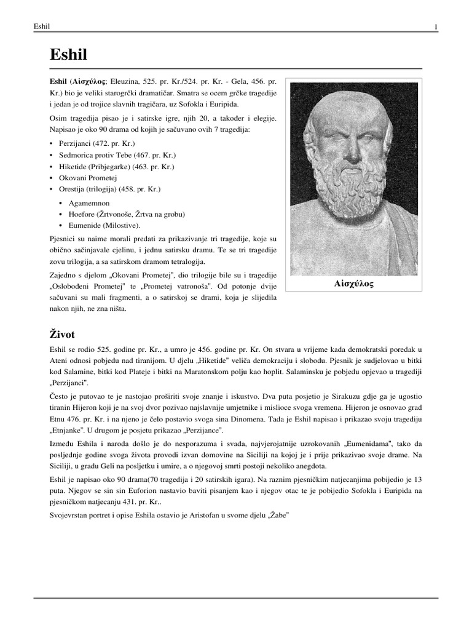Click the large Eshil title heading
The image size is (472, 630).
(68, 55)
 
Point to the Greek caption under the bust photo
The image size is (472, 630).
(353, 284)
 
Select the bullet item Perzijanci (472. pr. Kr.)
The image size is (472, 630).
(93, 143)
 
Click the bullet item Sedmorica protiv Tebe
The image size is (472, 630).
(108, 154)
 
